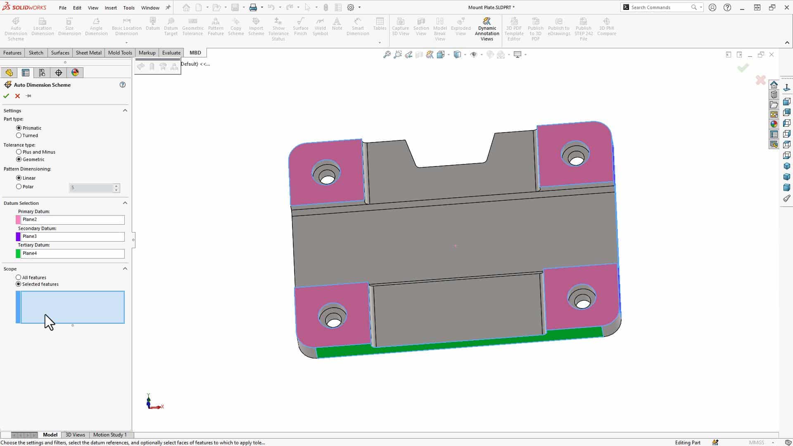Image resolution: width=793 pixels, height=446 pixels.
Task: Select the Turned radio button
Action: [19, 135]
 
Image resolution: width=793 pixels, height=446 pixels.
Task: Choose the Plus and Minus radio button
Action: [19, 152]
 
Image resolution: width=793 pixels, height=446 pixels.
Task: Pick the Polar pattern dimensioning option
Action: [19, 187]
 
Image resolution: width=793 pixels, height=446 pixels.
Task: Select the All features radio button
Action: [19, 278]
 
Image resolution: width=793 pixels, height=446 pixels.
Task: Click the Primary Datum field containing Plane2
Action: [72, 220]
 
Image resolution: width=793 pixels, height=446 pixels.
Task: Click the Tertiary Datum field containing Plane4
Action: [72, 254]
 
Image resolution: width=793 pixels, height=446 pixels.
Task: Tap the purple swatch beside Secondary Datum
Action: [18, 237]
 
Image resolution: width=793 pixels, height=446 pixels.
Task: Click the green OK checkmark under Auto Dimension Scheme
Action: [6, 96]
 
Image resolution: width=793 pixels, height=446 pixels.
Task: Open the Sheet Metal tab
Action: [88, 53]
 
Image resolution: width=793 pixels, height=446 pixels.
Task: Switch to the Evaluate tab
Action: [171, 53]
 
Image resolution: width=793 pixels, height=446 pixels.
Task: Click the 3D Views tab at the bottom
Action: [75, 435]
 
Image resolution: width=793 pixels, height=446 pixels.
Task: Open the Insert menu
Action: [111, 8]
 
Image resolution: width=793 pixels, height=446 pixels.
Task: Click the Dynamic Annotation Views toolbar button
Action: [487, 29]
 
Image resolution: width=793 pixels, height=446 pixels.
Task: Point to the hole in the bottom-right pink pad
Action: [582, 303]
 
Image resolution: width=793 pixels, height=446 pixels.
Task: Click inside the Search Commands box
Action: [660, 7]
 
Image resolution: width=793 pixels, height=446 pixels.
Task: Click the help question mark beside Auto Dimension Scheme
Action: [123, 85]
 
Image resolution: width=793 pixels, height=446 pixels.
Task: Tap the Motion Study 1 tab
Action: [110, 435]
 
